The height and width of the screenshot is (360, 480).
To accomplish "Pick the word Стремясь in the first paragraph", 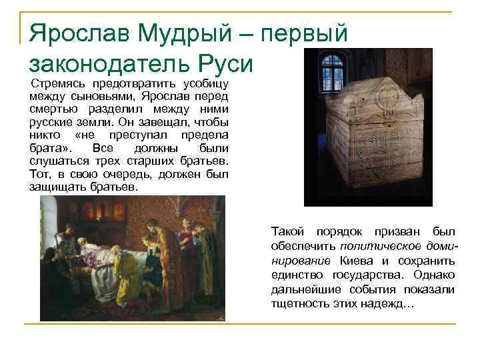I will point(59,85).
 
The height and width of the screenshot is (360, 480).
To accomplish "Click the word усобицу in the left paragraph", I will point(203,85).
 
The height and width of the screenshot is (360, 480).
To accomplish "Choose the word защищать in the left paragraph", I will point(56,187).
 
